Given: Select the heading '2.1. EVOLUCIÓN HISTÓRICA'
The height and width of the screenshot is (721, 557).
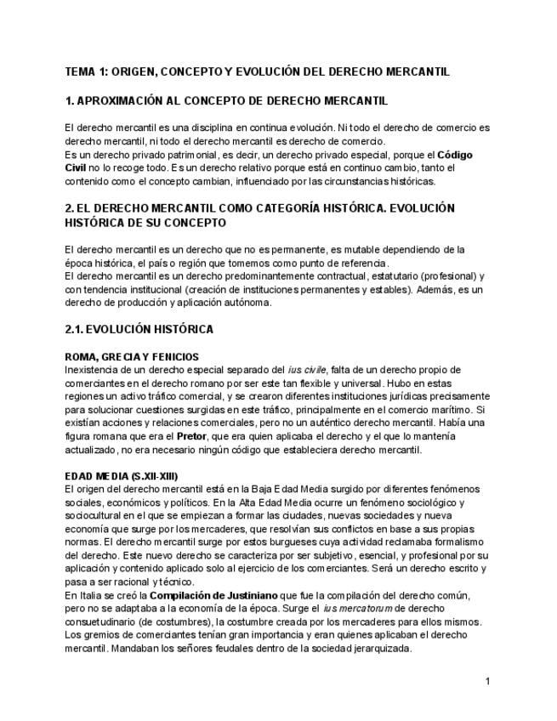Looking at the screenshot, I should pos(139,329).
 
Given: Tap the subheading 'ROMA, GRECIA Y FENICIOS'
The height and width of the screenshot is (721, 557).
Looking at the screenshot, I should pos(132,356).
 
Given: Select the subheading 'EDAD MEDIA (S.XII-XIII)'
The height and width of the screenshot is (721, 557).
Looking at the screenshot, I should pos(121,474).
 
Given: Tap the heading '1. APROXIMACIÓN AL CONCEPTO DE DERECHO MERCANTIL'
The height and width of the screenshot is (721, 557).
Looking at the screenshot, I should pos(226,100).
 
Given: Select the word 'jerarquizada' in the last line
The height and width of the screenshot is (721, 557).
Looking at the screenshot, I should pos(379,649).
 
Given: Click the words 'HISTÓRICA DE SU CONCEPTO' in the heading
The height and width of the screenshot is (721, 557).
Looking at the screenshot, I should pos(145,223).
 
